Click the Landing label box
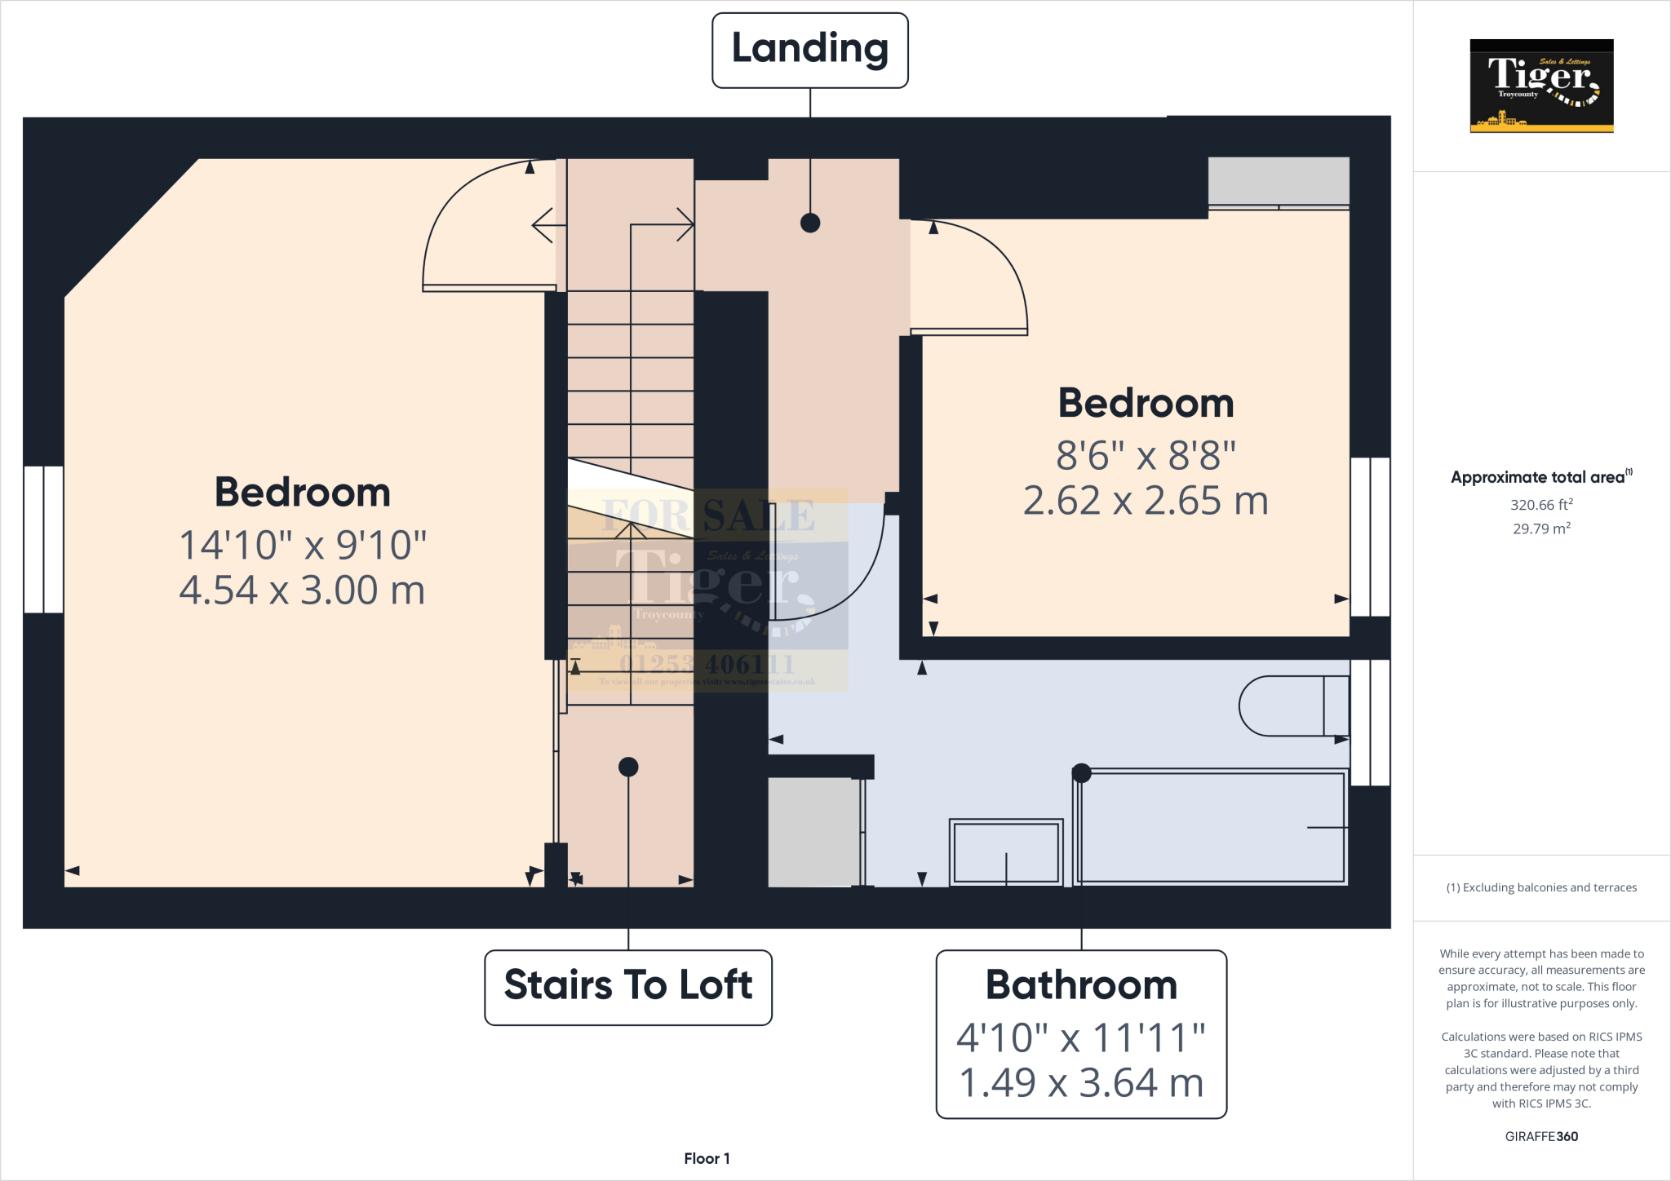[809, 50]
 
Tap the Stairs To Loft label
[627, 985]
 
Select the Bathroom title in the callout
[1081, 985]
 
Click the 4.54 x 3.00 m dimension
[302, 590]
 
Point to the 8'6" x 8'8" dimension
[1146, 455]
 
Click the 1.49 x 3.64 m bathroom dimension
[1081, 1083]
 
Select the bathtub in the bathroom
[1211, 827]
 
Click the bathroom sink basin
[1006, 851]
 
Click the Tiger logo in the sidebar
[1540, 86]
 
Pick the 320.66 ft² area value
[1540, 505]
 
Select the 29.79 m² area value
[1540, 529]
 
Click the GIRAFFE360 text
[1540, 1136]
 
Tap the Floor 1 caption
[707, 1158]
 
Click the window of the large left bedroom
[43, 539]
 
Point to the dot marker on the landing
[809, 223]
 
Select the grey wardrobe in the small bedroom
[1278, 180]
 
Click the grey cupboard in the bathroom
[813, 831]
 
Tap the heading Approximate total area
[1539, 478]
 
